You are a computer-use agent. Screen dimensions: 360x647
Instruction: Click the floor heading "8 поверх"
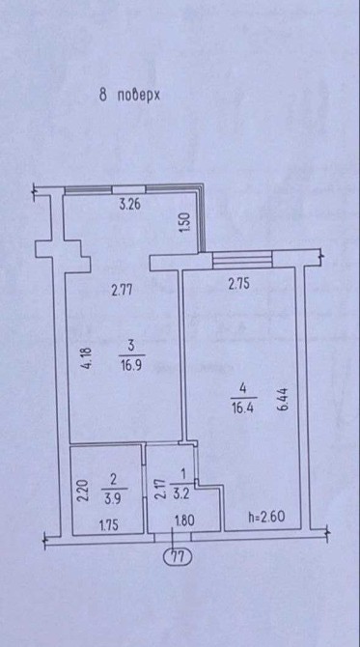pyautogui.click(x=129, y=96)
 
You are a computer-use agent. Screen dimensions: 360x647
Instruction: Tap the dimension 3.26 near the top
pyautogui.click(x=130, y=205)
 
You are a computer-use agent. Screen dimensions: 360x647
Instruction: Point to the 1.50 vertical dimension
pyautogui.click(x=185, y=222)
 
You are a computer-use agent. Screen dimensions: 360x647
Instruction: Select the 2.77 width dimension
pyautogui.click(x=122, y=291)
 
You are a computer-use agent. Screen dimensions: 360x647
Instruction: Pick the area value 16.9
pyautogui.click(x=131, y=366)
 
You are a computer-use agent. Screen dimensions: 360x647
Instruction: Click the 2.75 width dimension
pyautogui.click(x=239, y=284)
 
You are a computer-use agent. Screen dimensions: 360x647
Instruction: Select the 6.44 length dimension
pyautogui.click(x=284, y=399)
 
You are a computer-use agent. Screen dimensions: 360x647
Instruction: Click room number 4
pyautogui.click(x=243, y=389)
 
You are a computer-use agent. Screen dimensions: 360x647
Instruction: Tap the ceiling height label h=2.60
pyautogui.click(x=266, y=517)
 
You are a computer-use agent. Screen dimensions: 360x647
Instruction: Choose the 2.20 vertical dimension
pyautogui.click(x=82, y=490)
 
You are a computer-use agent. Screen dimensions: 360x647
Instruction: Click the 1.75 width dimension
pyautogui.click(x=109, y=525)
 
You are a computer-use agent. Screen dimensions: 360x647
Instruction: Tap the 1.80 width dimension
pyautogui.click(x=184, y=520)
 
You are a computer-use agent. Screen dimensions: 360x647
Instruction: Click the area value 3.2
pyautogui.click(x=180, y=493)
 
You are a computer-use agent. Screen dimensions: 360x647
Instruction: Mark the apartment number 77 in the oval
pyautogui.click(x=178, y=557)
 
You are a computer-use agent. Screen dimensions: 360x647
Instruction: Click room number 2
pyautogui.click(x=114, y=480)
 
